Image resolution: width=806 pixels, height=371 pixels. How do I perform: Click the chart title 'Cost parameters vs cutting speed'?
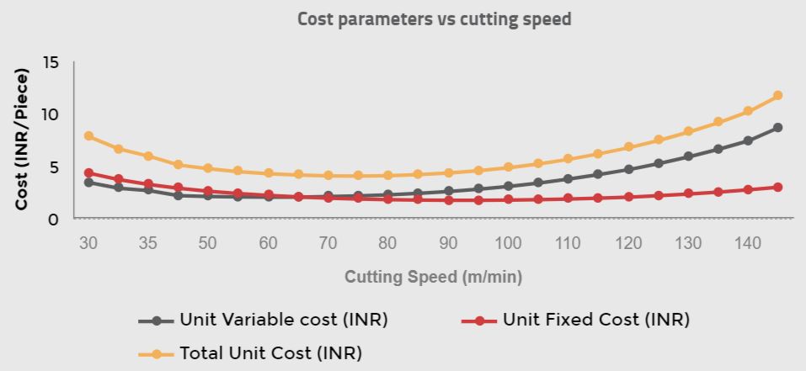434,19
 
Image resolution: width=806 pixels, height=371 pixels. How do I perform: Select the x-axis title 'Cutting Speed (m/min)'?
433,277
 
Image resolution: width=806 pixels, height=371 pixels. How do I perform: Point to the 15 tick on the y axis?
51,63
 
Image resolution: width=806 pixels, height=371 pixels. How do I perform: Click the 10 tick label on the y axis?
51,114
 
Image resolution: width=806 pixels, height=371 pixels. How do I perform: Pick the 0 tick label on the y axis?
55,219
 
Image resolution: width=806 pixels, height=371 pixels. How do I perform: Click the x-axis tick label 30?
88,243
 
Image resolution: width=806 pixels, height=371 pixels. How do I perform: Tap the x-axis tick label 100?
508,243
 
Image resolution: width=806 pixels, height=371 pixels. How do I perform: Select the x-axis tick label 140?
748,243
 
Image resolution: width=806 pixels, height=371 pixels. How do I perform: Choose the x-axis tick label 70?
328,243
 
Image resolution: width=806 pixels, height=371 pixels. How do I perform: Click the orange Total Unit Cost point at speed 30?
88,136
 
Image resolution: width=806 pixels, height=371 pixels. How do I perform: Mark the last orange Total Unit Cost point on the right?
777,96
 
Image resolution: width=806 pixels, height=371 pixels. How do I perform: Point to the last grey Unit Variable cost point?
777,128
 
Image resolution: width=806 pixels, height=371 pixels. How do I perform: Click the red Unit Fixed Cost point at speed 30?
88,173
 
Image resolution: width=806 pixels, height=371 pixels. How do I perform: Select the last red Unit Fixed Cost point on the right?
777,188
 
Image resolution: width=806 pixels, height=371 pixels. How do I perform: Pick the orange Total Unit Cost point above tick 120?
628,147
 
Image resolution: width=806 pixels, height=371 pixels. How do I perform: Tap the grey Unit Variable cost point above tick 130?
688,156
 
